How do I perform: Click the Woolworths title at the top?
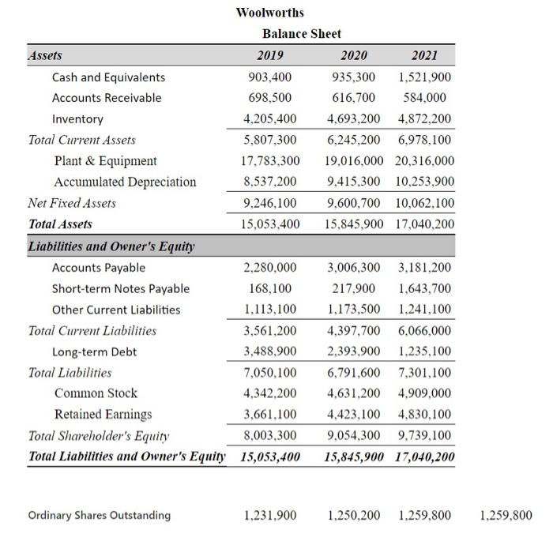(x=269, y=13)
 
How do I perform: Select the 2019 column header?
(x=270, y=55)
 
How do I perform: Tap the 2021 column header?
(x=424, y=55)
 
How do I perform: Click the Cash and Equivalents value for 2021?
(x=425, y=77)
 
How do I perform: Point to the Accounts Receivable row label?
(x=107, y=98)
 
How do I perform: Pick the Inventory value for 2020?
(x=354, y=119)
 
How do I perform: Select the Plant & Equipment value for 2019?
(x=270, y=161)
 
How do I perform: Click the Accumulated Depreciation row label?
(x=125, y=182)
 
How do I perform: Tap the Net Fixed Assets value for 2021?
(x=426, y=203)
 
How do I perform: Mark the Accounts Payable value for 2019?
(x=270, y=268)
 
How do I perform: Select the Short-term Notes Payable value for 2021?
(x=425, y=288)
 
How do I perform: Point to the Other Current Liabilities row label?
(x=116, y=310)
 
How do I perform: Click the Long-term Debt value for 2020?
(x=354, y=351)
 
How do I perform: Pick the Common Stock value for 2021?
(x=425, y=393)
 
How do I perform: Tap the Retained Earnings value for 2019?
(x=270, y=415)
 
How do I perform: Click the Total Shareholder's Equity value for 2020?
(x=354, y=435)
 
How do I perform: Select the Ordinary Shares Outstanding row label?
(x=100, y=516)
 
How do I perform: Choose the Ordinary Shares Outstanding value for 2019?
(x=270, y=516)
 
